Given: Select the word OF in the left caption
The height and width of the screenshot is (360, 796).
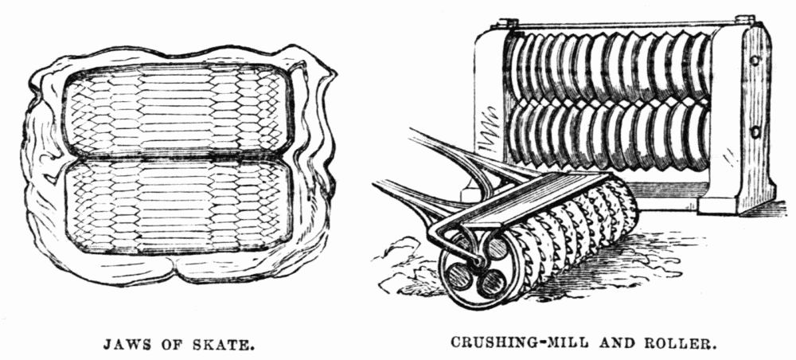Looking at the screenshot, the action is [x=169, y=346].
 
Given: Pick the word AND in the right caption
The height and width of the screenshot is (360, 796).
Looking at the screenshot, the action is [x=618, y=343].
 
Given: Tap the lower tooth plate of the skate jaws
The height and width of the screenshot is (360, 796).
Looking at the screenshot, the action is [x=178, y=206].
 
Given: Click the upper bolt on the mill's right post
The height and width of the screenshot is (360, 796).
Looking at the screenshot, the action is [x=755, y=60].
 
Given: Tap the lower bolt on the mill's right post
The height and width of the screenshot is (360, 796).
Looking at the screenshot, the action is [x=755, y=133].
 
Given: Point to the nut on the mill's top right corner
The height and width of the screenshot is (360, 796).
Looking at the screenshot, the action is [x=746, y=19].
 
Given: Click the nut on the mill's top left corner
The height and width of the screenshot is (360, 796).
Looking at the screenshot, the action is [x=508, y=23].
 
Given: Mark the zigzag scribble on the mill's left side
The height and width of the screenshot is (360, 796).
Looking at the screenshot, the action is [x=490, y=130].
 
